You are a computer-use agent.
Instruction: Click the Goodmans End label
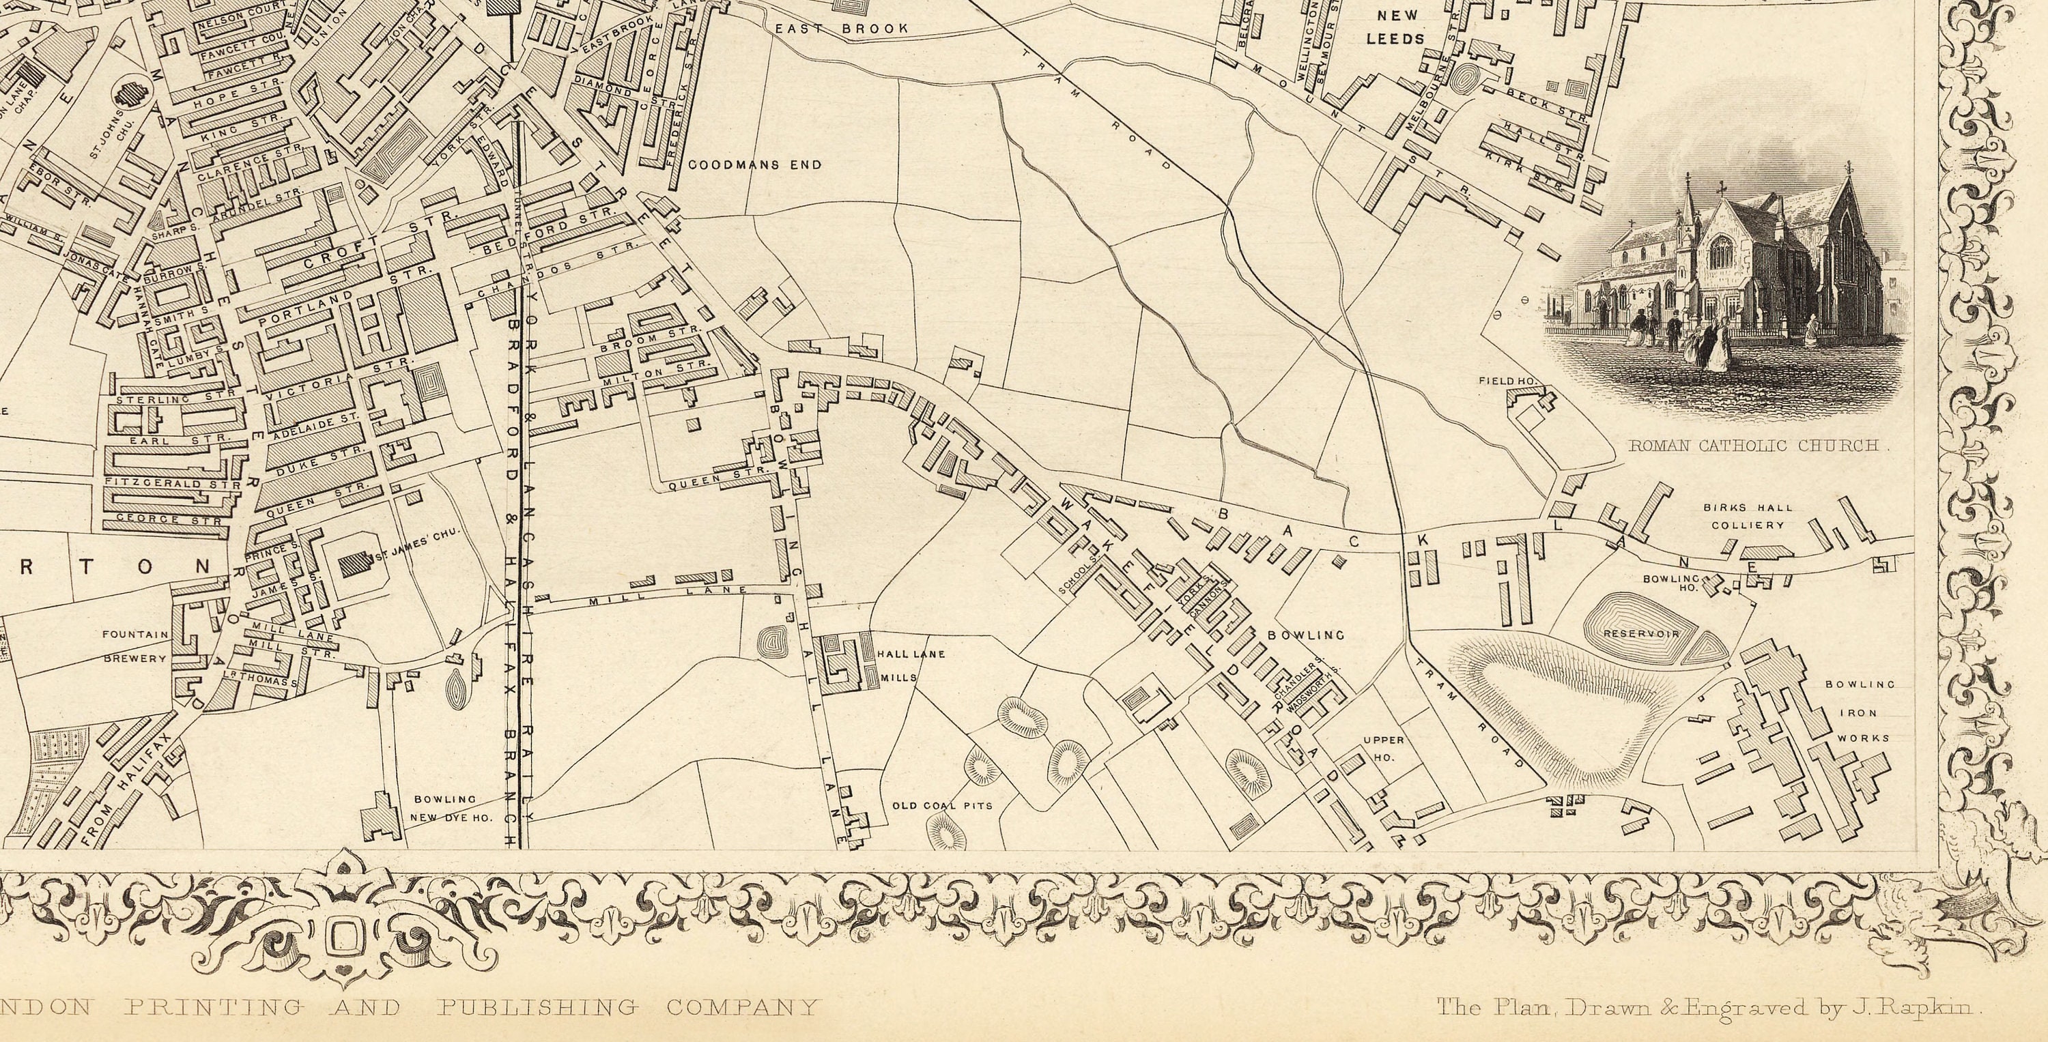(754, 165)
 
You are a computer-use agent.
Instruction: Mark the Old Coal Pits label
(942, 806)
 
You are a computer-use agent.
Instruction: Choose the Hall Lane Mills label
(899, 666)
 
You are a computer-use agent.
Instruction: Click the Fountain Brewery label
(135, 646)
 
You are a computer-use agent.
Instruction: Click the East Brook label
(842, 29)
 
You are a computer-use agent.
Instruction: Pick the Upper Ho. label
(1383, 749)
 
